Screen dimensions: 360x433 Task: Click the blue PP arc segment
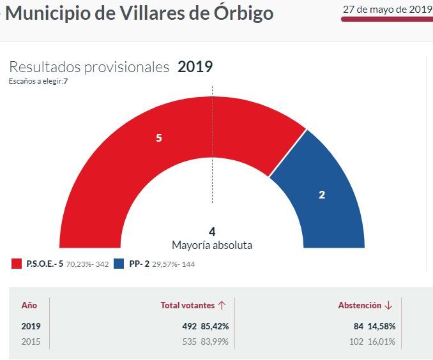pos(326,191)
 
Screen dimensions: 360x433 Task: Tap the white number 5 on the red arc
pos(159,137)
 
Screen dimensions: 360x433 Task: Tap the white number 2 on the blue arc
pos(322,195)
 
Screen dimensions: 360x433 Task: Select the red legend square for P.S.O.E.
pos(17,264)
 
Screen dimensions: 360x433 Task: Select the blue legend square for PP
pos(119,264)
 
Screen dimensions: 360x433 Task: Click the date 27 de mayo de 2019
pos(387,9)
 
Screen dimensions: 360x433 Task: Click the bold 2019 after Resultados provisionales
pos(195,67)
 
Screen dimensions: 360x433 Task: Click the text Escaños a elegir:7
pos(38,81)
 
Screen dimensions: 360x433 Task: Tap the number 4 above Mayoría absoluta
pos(212,232)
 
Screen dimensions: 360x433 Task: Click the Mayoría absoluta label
pos(212,245)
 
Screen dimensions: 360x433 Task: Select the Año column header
pos(29,306)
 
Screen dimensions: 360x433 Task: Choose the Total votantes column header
pos(188,306)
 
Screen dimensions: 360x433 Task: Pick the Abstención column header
pos(360,306)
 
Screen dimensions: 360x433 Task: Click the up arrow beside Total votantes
pos(222,306)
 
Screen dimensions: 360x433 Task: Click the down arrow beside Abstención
pos(388,306)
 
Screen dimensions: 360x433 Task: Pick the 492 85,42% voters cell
pos(205,326)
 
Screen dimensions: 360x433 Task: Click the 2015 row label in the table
pos(31,341)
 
